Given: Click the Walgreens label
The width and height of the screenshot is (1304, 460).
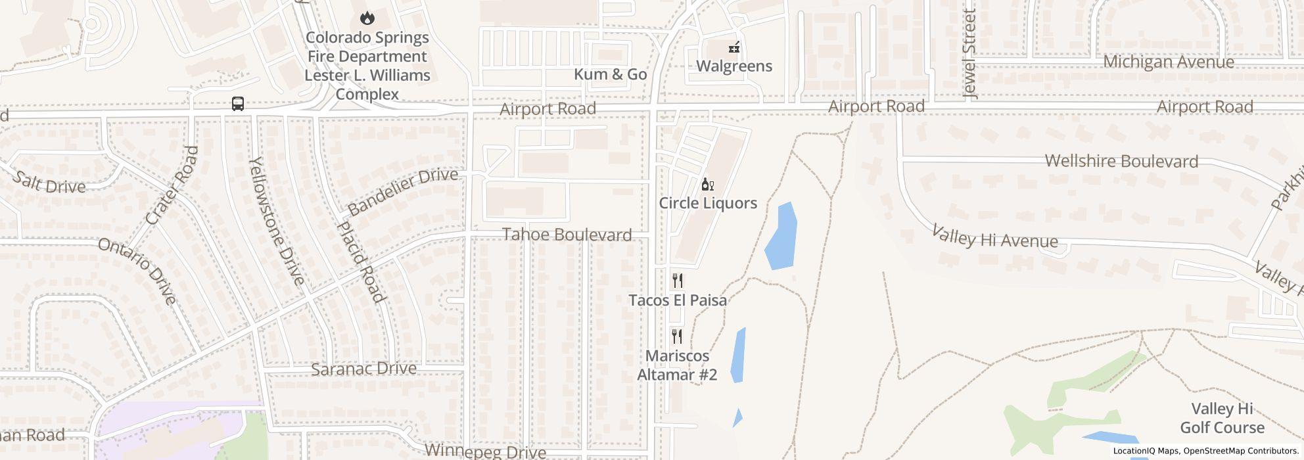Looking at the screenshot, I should (733, 66).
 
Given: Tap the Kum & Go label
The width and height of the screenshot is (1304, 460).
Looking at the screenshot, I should (610, 74).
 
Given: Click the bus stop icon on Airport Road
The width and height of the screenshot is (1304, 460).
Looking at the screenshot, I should (238, 104).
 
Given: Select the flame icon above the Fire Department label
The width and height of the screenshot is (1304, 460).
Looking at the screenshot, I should (367, 18).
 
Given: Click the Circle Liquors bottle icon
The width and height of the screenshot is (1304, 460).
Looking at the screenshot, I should (707, 185).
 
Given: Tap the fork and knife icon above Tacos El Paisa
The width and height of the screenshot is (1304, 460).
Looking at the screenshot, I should (678, 281).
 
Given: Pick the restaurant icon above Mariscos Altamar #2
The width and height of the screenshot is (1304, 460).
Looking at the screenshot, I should (678, 337).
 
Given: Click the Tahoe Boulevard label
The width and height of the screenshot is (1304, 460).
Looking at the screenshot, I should (567, 235).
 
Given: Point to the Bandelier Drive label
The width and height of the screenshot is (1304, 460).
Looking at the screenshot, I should (402, 191).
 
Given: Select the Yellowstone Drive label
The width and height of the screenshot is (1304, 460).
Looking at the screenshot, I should (277, 221).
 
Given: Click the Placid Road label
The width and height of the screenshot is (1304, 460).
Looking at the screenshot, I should (360, 261).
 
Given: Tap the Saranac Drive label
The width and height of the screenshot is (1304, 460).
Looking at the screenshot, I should (363, 369).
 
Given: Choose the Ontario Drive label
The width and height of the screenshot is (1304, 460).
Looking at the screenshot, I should (137, 271).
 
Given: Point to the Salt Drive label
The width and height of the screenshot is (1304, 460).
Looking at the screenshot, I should (49, 182).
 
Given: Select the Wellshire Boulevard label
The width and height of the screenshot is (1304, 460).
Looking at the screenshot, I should (1121, 161).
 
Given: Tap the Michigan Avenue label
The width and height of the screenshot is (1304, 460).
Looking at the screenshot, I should (1168, 62).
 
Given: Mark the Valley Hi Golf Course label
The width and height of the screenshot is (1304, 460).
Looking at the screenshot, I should (1222, 418).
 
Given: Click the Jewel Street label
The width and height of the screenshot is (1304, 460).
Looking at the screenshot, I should (969, 54).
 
